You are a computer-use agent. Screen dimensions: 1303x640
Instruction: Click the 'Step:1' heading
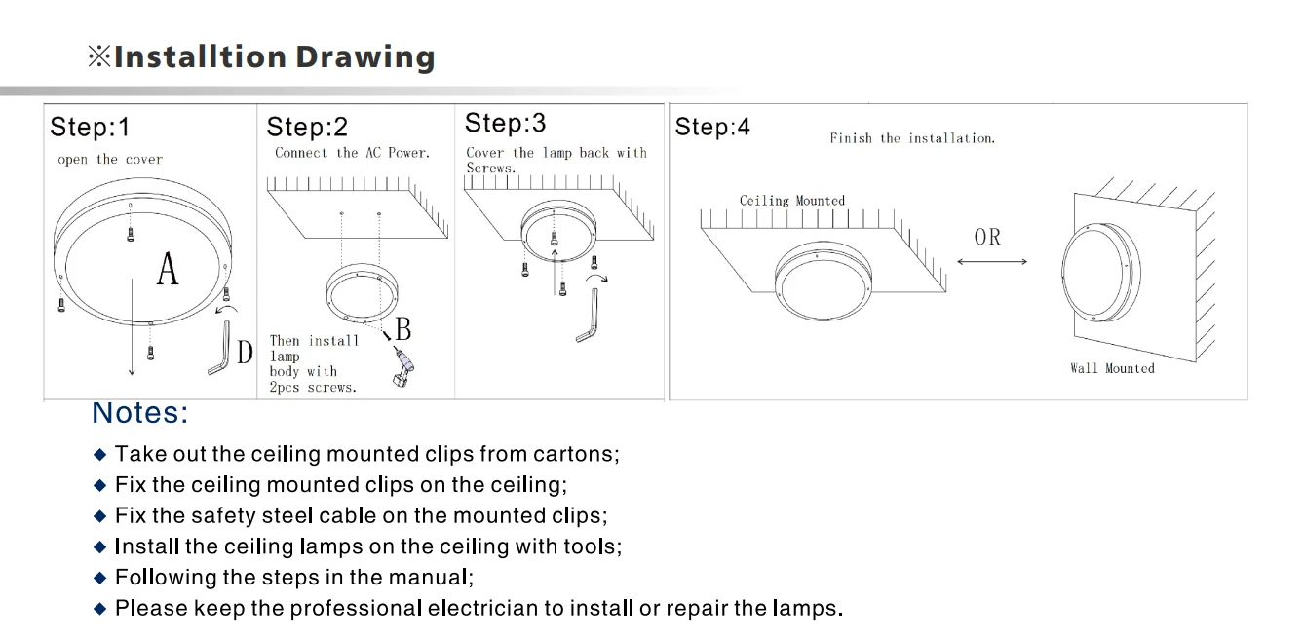[x=90, y=127]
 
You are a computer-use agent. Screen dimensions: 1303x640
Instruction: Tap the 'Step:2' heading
[x=307, y=127]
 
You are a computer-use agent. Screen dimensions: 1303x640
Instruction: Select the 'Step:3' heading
[x=505, y=123]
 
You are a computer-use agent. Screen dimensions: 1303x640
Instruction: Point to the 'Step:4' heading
[x=712, y=127]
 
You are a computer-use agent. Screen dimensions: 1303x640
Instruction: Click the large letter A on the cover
[x=168, y=269]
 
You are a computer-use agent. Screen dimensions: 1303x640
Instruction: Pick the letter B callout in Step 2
[x=403, y=329]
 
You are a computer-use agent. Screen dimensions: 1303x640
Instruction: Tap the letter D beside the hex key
[x=245, y=353]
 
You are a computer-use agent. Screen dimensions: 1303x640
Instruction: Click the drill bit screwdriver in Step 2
[x=403, y=366]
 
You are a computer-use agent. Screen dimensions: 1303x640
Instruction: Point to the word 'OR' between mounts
[x=987, y=237]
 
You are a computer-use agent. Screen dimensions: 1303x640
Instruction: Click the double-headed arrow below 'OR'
[x=992, y=262]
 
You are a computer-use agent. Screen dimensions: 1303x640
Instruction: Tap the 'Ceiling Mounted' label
[x=792, y=201]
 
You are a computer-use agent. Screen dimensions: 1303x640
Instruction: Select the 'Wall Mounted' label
[x=1112, y=368]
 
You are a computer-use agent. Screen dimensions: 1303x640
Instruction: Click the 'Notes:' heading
[x=140, y=413]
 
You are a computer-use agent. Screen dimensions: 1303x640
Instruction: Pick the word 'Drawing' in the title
[x=365, y=57]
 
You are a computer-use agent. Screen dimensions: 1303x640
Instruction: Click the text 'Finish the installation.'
[x=912, y=138]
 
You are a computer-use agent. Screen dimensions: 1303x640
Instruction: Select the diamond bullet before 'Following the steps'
[x=100, y=578]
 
